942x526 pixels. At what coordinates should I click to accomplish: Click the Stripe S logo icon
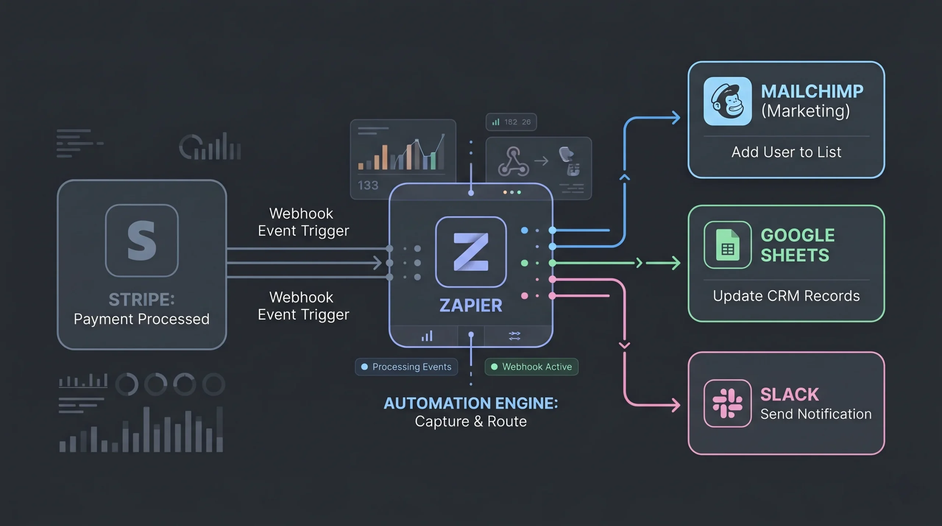tap(142, 240)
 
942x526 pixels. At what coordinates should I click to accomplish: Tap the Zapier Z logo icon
tap(471, 252)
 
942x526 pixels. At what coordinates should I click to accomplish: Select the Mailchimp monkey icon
tap(727, 101)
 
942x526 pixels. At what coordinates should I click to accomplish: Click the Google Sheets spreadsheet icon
tap(727, 245)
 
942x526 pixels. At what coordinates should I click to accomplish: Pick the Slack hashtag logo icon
tap(727, 403)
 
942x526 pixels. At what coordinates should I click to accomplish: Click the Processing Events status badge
tap(406, 367)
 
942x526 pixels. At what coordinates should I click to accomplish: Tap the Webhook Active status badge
tap(531, 367)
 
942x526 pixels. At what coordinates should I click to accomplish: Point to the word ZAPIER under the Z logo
tap(471, 306)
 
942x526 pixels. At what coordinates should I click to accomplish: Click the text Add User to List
tap(786, 152)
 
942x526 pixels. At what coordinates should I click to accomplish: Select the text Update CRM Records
tap(786, 296)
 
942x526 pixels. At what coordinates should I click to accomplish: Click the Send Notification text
tap(816, 414)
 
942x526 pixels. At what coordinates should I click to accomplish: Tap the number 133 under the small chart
tap(368, 185)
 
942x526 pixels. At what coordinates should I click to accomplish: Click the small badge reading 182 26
tap(511, 122)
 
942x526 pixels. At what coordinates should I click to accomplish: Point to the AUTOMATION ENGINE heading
tap(471, 403)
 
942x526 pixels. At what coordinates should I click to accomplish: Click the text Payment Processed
tap(142, 319)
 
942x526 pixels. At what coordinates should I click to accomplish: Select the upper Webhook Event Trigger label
tap(303, 222)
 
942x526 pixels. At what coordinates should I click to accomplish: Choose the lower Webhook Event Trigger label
tap(303, 306)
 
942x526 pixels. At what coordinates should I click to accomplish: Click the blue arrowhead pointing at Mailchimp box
tap(676, 118)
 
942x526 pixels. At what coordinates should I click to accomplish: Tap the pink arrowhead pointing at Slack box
tap(676, 405)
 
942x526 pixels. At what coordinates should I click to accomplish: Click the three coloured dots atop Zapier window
tap(512, 192)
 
